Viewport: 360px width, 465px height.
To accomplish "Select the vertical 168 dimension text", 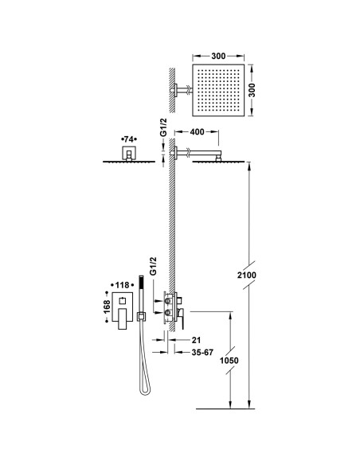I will pyautogui.click(x=106, y=309).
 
